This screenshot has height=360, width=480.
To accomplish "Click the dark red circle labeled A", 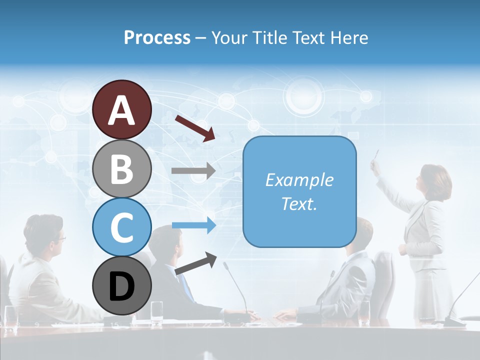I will point(121,109).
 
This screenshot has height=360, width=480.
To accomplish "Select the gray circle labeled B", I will point(121,168).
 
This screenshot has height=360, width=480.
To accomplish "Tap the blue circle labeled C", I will point(121,227).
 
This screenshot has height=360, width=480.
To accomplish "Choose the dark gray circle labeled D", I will point(121,286).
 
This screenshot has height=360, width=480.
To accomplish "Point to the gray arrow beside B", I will point(193,171).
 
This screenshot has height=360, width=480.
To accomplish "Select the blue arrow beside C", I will point(193,225).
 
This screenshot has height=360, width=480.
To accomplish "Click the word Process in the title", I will point(157,37).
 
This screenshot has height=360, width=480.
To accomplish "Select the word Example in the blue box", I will point(299,180).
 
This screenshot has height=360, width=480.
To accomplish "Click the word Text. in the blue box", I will point(299,203).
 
